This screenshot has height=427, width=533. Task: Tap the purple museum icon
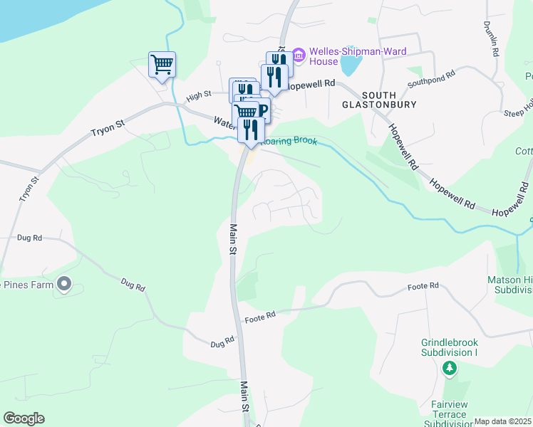299,54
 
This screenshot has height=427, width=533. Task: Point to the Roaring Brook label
289,142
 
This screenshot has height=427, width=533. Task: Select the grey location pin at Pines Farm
64,285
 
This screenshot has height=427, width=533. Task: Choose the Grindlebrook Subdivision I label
448,347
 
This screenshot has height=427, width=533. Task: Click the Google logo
24,418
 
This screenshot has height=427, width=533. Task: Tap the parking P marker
262,110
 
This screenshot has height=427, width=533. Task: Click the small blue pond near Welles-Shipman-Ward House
349,65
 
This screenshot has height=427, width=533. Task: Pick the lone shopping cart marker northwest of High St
162,65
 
